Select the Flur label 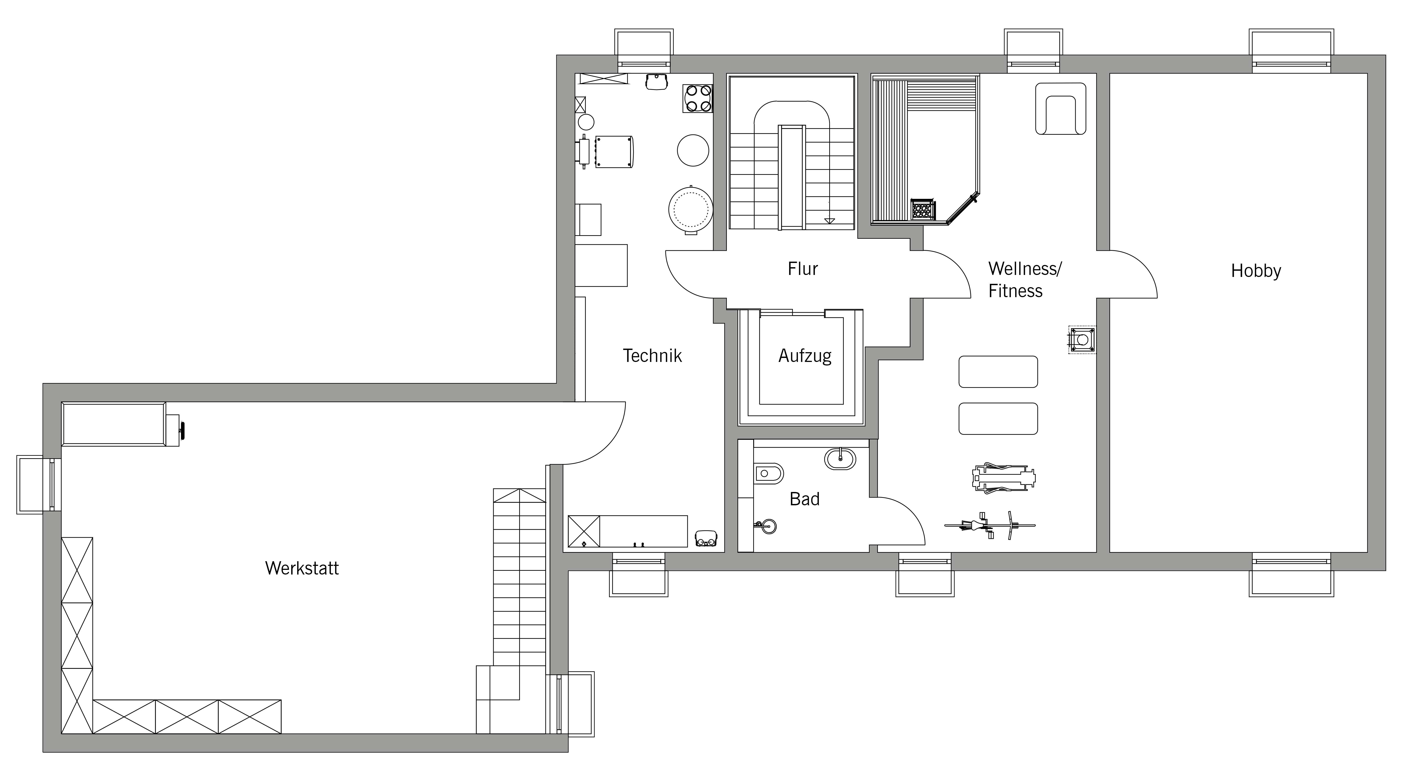pyautogui.click(x=803, y=269)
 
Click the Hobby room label pyautogui.click(x=1256, y=271)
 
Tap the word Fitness pyautogui.click(x=1015, y=291)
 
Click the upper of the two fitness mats pyautogui.click(x=998, y=371)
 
